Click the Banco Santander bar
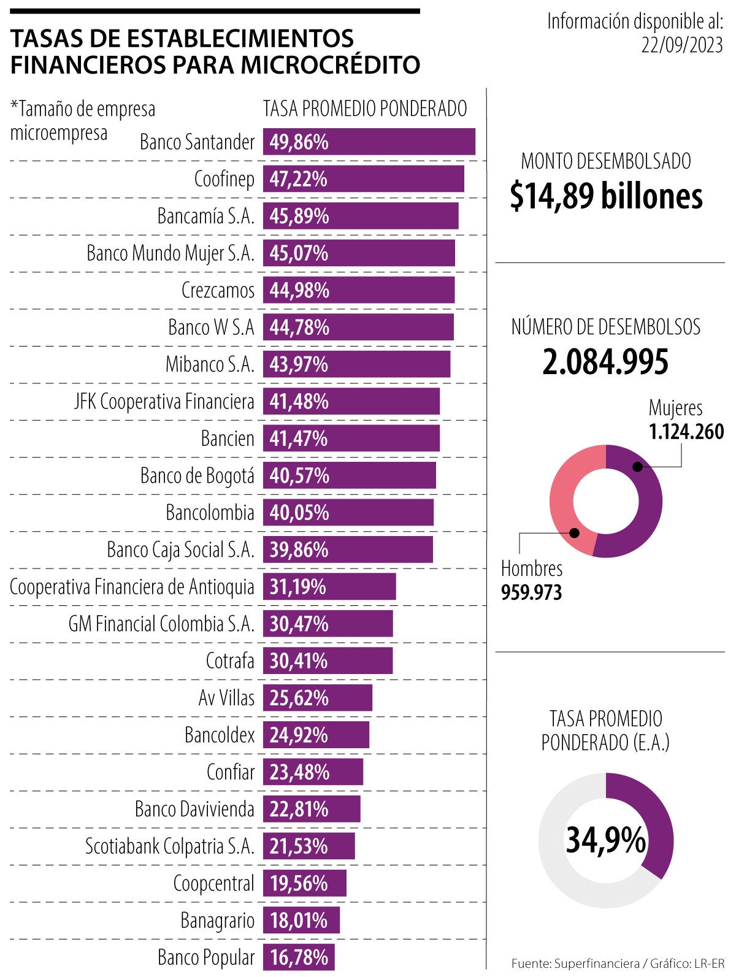[x=369, y=142]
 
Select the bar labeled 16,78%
[x=299, y=957]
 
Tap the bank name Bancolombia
[x=210, y=513]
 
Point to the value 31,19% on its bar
[x=298, y=587]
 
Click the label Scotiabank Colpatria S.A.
[x=169, y=846]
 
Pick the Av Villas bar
[x=317, y=698]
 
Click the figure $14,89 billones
[x=606, y=196]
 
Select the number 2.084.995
[x=605, y=362]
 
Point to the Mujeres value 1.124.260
[x=686, y=432]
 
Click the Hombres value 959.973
[x=531, y=592]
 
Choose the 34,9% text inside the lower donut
[x=605, y=840]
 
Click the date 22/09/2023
[x=682, y=45]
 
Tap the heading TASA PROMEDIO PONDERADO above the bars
[x=365, y=109]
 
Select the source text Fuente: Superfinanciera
[x=575, y=964]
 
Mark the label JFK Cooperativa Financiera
[x=164, y=402]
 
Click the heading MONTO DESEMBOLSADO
[x=606, y=161]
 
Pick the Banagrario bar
[x=301, y=920]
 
